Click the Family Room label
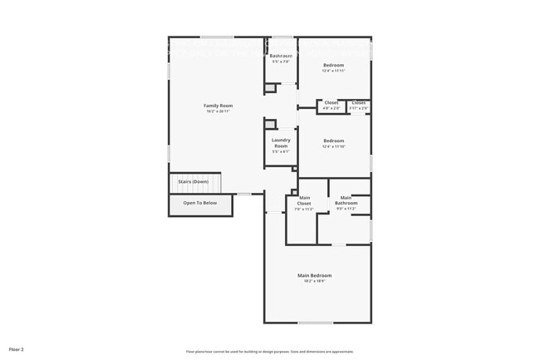(x=218, y=106)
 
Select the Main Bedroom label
(x=315, y=275)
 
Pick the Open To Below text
(x=200, y=203)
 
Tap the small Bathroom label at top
(x=281, y=56)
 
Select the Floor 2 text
(x=17, y=350)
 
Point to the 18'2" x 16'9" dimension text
(x=315, y=282)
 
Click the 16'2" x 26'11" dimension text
(x=218, y=111)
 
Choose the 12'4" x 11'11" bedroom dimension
(x=333, y=71)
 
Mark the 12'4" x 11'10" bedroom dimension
(x=333, y=146)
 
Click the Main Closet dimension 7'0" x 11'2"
(x=304, y=209)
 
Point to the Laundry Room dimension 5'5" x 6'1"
(x=281, y=151)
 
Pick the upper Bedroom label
(x=333, y=65)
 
